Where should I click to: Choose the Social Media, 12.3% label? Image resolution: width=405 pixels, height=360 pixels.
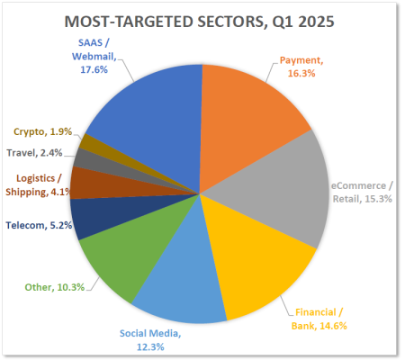pyautogui.click(x=150, y=338)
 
